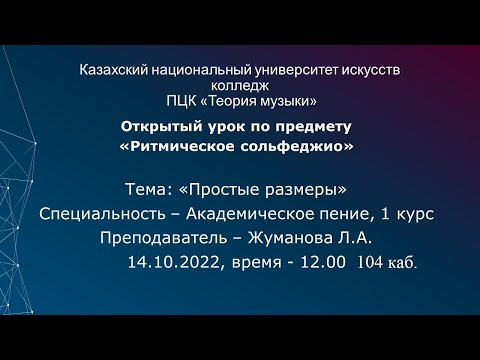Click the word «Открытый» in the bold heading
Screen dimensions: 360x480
(x=159, y=128)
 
